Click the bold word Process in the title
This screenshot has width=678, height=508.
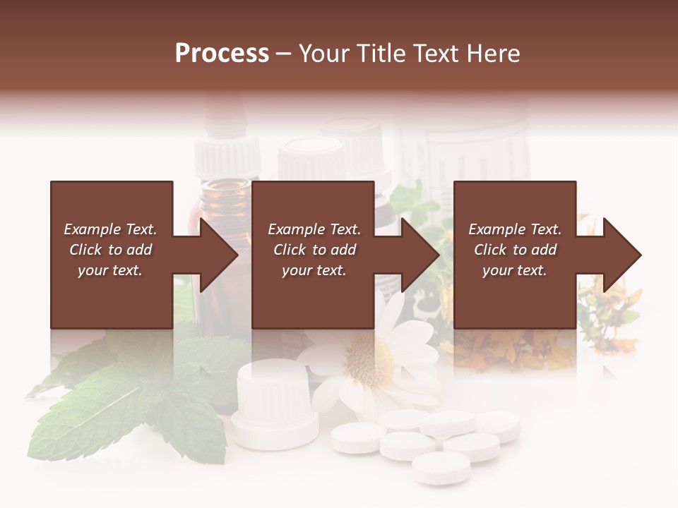(222, 54)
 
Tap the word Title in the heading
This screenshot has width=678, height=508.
(382, 54)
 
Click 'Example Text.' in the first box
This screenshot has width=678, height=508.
(110, 229)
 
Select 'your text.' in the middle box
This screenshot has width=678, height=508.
(314, 270)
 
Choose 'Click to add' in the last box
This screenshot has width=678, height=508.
(515, 250)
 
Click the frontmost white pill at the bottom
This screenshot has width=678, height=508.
(441, 467)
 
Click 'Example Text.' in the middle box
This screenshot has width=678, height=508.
(314, 229)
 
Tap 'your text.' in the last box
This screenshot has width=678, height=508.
(515, 270)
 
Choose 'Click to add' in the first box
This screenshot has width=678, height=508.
(110, 250)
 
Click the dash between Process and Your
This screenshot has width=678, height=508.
(284, 54)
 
